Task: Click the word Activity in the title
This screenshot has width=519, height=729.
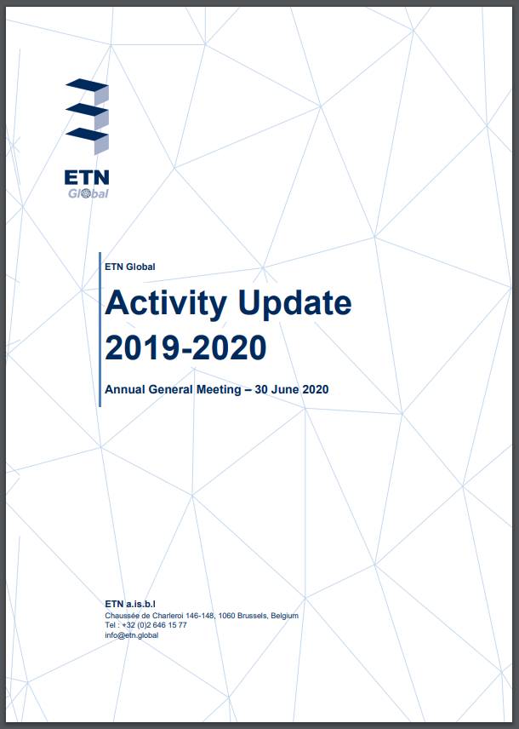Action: (166, 304)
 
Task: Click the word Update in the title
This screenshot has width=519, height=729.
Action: (295, 304)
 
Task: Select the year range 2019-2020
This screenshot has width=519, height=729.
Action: (185, 347)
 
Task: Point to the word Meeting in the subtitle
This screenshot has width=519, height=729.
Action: (219, 389)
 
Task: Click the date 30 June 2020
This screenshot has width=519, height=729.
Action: (292, 389)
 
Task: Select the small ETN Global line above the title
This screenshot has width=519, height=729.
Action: (130, 267)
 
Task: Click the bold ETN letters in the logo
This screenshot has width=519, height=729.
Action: (87, 177)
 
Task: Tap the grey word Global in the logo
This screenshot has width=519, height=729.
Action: (88, 193)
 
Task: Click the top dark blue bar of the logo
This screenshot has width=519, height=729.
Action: (87, 84)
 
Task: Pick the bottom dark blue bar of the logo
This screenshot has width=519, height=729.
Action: (87, 134)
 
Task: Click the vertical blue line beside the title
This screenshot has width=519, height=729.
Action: (100, 330)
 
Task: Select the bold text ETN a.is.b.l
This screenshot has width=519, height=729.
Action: (130, 604)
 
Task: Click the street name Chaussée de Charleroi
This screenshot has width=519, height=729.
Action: (144, 616)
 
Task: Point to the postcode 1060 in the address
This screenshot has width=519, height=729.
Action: (226, 616)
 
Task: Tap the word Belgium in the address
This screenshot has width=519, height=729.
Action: (284, 616)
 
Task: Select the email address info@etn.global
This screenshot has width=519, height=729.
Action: (132, 635)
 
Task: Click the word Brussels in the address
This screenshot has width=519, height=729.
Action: (253, 616)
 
